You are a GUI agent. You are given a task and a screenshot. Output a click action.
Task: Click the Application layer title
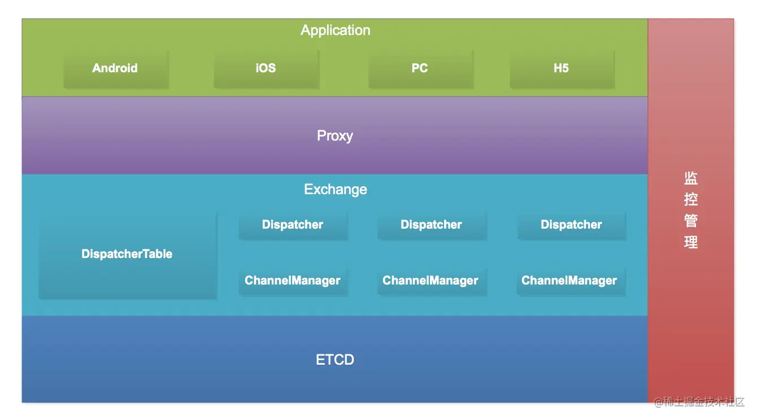(335, 30)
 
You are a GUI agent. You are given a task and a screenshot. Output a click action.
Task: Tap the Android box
(116, 69)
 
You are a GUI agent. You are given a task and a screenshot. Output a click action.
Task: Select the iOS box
(266, 69)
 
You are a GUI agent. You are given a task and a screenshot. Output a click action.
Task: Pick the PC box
(421, 69)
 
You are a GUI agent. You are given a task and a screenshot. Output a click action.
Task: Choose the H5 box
(562, 69)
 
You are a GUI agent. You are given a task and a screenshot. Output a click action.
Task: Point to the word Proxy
(335, 135)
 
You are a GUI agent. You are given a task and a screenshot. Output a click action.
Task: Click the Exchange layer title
(335, 190)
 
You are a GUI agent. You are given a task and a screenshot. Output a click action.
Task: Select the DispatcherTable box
(128, 256)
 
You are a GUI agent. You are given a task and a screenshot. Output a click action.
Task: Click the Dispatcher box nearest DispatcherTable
(293, 226)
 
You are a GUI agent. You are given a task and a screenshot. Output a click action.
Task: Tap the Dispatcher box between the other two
(432, 226)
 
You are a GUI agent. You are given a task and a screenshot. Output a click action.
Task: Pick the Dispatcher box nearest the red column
(572, 226)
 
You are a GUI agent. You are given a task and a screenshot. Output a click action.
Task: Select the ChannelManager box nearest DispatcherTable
(293, 282)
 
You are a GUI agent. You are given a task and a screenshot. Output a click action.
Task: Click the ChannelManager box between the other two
(432, 282)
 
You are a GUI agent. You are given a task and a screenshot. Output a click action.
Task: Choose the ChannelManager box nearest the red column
(571, 282)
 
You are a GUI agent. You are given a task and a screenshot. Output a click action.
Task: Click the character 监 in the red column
(691, 178)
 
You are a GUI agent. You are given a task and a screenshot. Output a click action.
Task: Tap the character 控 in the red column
(691, 199)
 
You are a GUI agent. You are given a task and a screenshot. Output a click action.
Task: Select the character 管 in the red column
(691, 221)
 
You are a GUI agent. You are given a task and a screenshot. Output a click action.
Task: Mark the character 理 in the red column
(691, 242)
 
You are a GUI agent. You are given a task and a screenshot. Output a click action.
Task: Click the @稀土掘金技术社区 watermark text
(699, 402)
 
